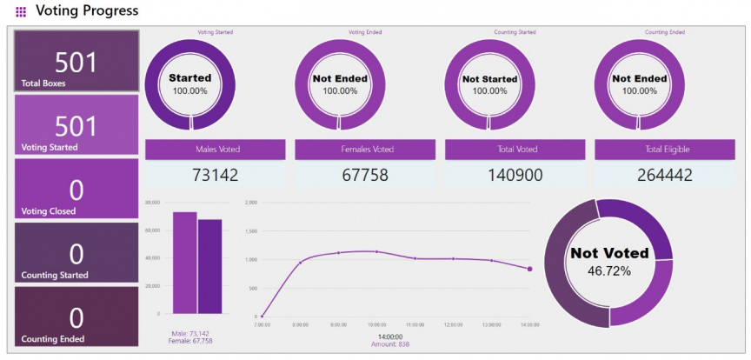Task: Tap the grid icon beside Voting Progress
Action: click(21, 12)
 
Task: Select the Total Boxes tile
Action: click(76, 62)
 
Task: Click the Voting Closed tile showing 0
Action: click(76, 189)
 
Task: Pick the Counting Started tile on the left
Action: click(76, 253)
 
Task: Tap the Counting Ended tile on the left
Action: click(76, 317)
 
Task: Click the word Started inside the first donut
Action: click(190, 78)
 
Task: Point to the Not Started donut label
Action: click(489, 78)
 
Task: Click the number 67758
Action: click(340, 175)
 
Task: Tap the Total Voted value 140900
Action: click(489, 175)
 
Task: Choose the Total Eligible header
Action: click(640, 150)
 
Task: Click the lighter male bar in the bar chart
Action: click(184, 262)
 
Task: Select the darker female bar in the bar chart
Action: click(209, 266)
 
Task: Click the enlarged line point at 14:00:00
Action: click(529, 270)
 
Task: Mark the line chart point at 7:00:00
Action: click(263, 316)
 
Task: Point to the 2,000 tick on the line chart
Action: click(251, 203)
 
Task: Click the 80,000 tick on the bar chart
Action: click(152, 203)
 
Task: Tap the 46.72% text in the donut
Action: click(608, 270)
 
